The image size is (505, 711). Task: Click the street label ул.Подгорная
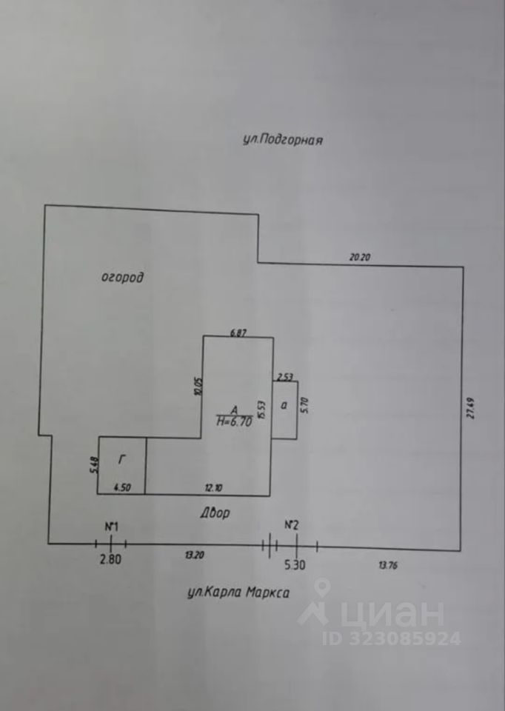click(284, 140)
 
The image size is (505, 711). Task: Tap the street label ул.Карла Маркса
click(235, 592)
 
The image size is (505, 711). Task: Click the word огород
click(121, 278)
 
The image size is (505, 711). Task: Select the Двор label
click(215, 513)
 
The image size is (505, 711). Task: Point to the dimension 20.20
click(360, 257)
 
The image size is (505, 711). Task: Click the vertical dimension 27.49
click(470, 407)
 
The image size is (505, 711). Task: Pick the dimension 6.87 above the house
click(238, 333)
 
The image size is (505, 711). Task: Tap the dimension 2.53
click(284, 376)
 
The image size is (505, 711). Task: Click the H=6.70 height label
click(235, 421)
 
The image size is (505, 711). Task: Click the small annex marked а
click(283, 405)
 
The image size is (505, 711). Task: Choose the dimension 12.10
click(213, 487)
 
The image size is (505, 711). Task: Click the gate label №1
click(111, 527)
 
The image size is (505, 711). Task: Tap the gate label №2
click(292, 525)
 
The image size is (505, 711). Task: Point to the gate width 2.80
click(110, 560)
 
